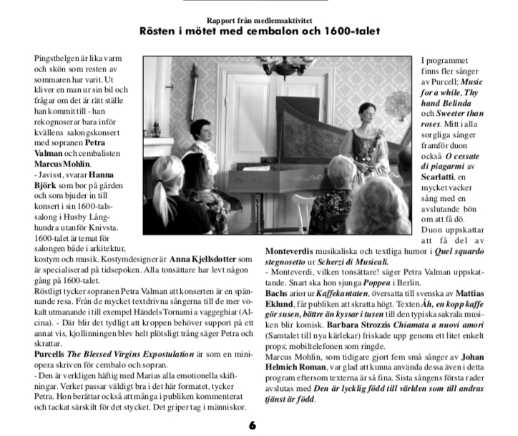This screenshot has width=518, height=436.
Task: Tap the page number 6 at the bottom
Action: (253, 425)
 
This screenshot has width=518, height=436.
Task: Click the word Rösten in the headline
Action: (161, 31)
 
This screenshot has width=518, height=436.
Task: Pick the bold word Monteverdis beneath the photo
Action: (293, 252)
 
